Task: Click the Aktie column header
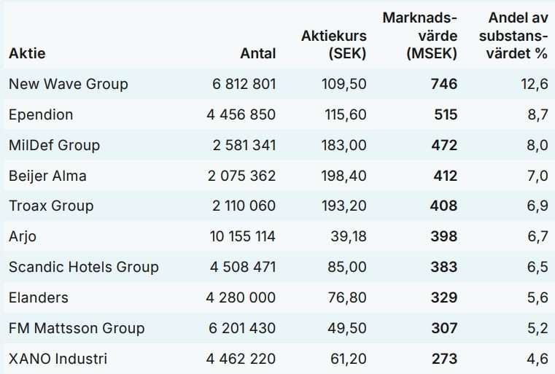27,53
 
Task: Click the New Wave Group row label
68,84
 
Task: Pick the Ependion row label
41,114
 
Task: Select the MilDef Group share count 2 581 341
244,145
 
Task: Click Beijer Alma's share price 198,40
344,176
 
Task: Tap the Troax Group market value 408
443,206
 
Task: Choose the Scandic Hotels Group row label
83,267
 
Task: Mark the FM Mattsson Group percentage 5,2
537,328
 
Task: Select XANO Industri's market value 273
443,359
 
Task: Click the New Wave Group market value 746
443,84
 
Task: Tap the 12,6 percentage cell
534,84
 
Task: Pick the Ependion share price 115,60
344,114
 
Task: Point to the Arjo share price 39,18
347,236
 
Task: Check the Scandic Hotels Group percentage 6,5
537,267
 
